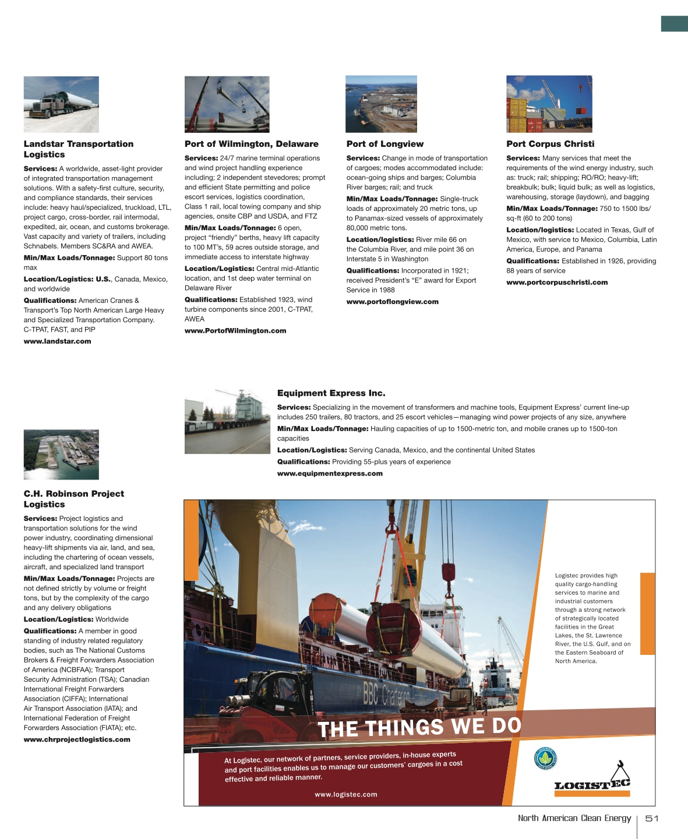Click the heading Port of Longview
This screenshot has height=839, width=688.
[384, 144]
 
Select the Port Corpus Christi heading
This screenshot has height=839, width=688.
[550, 144]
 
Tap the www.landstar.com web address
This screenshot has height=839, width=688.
[57, 341]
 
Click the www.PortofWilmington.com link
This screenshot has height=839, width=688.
[235, 331]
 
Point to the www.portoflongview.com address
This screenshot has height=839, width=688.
[392, 302]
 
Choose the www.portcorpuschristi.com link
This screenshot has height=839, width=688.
[557, 283]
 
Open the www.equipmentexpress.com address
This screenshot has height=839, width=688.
[330, 474]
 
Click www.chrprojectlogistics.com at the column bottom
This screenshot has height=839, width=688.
[77, 739]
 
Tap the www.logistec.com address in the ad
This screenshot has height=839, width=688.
[346, 794]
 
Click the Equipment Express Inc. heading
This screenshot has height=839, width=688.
[331, 393]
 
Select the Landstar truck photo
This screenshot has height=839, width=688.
[61, 104]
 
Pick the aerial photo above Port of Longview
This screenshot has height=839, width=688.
[381, 104]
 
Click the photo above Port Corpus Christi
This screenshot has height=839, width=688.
[549, 104]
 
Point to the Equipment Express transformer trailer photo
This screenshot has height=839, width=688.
[227, 421]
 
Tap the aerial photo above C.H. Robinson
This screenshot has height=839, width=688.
[61, 454]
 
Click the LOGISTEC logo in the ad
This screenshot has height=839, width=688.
[592, 781]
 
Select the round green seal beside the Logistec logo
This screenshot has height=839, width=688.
[545, 758]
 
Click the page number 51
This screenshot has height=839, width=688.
[652, 819]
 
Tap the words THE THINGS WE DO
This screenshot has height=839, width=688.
[419, 727]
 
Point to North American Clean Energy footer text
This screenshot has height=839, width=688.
[574, 818]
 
